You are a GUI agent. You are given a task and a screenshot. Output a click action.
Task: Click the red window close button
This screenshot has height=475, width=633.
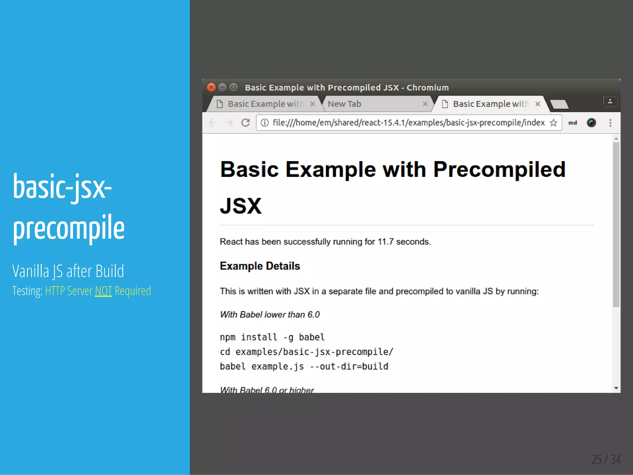click(211, 88)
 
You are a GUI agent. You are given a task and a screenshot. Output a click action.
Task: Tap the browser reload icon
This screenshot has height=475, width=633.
click(245, 123)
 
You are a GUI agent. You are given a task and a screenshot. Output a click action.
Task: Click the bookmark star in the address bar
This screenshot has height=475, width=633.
click(554, 123)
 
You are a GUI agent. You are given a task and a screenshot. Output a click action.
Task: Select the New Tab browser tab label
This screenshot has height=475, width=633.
click(344, 104)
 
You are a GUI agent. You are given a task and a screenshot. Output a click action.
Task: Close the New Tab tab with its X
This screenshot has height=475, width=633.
click(425, 104)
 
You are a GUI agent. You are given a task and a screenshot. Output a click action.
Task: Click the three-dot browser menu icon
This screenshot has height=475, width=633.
click(610, 123)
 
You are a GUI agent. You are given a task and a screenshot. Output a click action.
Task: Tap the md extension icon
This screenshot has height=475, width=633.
click(572, 123)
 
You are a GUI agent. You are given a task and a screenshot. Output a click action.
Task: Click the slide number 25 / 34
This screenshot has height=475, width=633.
click(606, 459)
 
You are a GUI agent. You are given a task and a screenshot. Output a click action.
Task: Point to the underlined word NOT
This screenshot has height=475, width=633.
click(103, 291)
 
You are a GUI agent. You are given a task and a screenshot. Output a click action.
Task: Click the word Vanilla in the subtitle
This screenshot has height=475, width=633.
click(31, 271)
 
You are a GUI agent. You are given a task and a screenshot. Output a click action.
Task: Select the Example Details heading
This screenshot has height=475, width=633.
click(260, 266)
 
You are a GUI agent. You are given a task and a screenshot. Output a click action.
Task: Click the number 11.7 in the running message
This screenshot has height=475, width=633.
click(385, 242)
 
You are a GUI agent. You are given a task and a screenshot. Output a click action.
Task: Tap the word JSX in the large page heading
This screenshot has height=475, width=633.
click(241, 206)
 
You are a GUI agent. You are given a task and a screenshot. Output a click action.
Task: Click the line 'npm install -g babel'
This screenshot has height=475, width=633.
click(272, 337)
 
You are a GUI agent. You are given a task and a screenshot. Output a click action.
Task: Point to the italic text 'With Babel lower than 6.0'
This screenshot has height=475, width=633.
click(270, 315)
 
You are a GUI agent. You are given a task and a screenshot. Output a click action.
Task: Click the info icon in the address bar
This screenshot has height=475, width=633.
click(265, 123)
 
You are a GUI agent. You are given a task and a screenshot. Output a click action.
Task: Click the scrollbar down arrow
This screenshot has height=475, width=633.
click(616, 388)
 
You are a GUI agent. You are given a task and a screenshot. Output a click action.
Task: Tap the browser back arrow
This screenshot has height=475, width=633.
click(213, 123)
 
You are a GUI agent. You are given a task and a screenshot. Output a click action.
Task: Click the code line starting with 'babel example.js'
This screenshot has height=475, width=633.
click(304, 366)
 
